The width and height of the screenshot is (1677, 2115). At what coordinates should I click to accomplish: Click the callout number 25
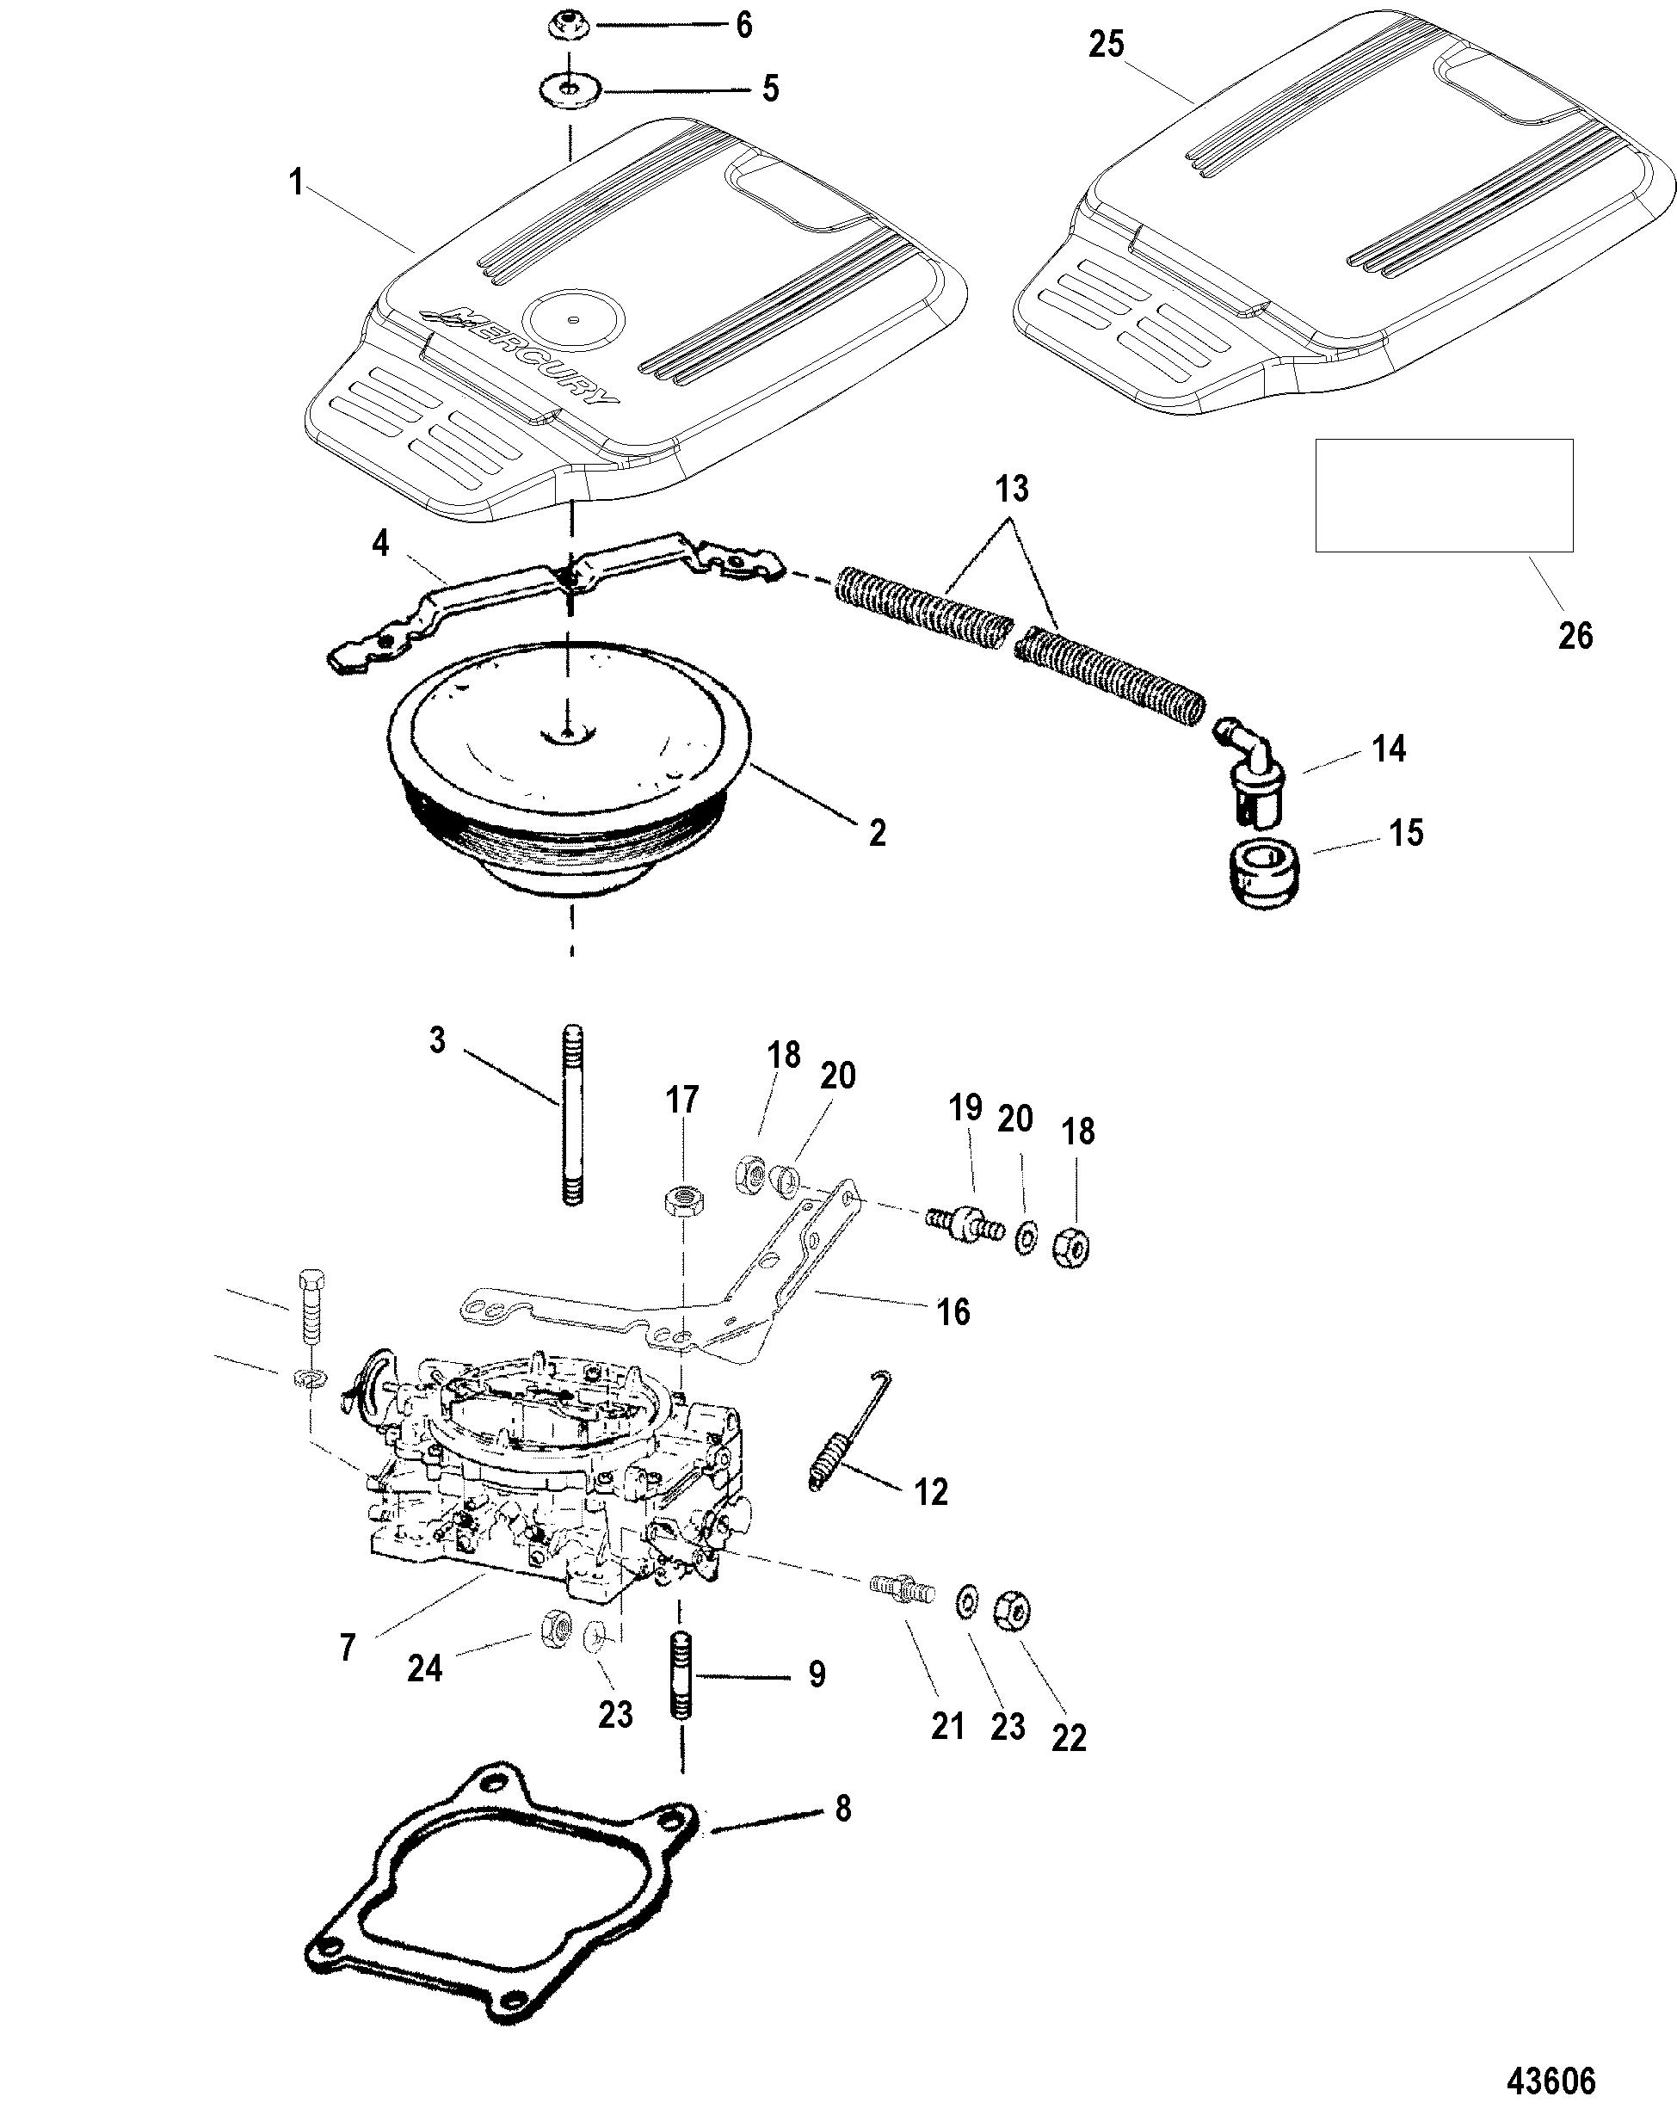(1106, 45)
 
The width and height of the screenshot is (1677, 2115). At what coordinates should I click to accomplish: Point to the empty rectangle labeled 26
(1444, 496)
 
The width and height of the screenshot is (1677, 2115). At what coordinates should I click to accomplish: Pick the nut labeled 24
(556, 1630)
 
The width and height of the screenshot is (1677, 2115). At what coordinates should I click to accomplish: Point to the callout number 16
(953, 1311)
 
